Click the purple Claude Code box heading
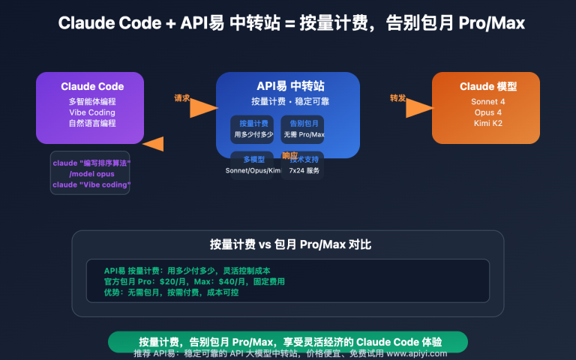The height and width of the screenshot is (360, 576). [x=90, y=86]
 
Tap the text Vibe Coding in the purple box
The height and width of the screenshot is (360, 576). [x=90, y=112]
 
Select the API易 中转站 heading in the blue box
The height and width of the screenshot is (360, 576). [x=287, y=86]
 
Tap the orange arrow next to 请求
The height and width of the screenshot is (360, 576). [x=202, y=109]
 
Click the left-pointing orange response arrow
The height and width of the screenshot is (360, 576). [x=154, y=144]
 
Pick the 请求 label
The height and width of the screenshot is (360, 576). [x=182, y=97]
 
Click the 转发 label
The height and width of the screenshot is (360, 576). [x=397, y=97]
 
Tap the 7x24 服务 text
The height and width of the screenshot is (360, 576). [x=304, y=170]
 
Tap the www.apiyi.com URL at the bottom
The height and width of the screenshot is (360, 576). [x=417, y=353]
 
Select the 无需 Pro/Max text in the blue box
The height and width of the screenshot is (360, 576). [x=304, y=134]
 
